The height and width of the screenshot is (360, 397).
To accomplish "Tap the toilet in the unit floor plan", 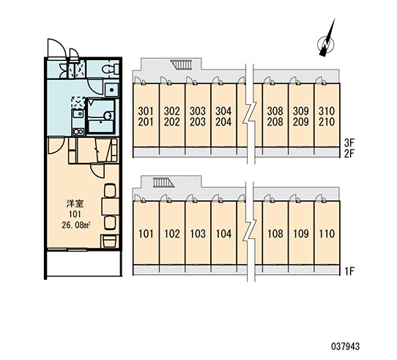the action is pyautogui.click(x=111, y=69).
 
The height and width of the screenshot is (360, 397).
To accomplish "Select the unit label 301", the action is pyautogui.click(x=146, y=111).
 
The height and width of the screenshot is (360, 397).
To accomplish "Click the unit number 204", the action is pyautogui.click(x=223, y=122).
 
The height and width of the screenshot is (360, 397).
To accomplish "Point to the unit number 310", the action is pyautogui.click(x=327, y=111).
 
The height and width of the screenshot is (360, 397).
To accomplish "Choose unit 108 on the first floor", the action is pyautogui.click(x=275, y=234).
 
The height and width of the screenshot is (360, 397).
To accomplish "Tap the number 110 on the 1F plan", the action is pyautogui.click(x=327, y=234).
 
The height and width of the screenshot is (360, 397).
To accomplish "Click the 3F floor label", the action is pyautogui.click(x=349, y=143).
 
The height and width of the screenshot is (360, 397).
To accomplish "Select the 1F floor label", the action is pyautogui.click(x=349, y=271).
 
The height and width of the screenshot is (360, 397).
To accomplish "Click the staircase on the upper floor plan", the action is pyautogui.click(x=180, y=65).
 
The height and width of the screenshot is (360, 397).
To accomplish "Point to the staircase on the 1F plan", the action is pyautogui.click(x=163, y=183).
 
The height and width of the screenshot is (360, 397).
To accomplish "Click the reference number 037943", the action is pyautogui.click(x=346, y=346).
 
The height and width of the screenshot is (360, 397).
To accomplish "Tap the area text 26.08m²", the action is pyautogui.click(x=76, y=225).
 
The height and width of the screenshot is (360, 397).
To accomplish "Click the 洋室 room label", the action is pyautogui.click(x=75, y=204).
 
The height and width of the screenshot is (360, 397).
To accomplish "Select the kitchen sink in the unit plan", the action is pyautogui.click(x=78, y=114).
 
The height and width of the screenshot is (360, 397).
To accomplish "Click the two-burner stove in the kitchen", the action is pyautogui.click(x=78, y=132).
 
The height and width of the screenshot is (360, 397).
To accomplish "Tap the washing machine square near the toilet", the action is pyautogui.click(x=111, y=89).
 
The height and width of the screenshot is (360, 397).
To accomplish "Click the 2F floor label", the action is pyautogui.click(x=349, y=154).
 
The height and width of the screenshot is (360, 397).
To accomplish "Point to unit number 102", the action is pyautogui.click(x=172, y=234).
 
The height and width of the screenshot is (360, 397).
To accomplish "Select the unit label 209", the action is pyautogui.click(x=301, y=122).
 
